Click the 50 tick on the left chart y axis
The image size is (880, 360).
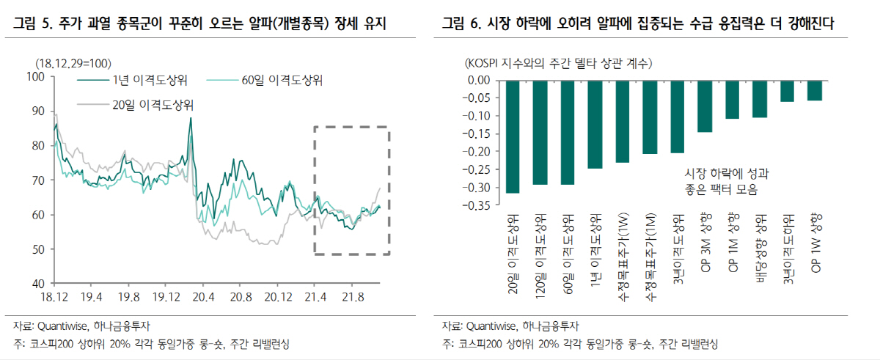coord(37,249)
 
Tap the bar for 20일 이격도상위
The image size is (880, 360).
coord(513,136)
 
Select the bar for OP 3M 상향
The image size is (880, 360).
coord(705,106)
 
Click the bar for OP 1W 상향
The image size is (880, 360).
coord(814,90)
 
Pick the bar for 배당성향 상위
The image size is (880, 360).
coord(759,98)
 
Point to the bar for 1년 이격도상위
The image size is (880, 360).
coord(595,124)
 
